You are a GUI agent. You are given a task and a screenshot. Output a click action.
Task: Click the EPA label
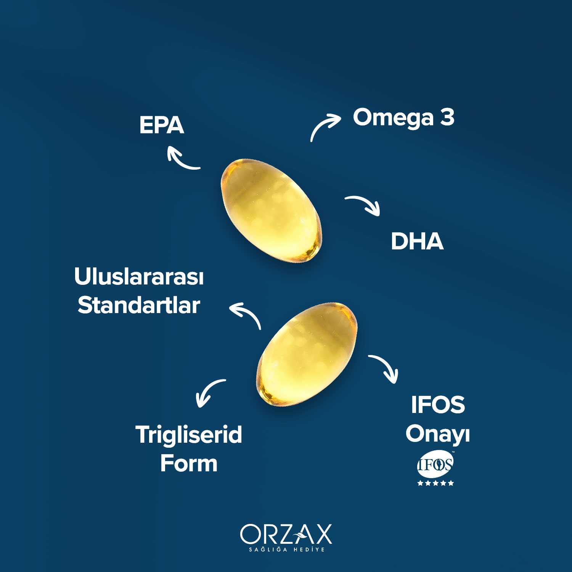coord(162,125)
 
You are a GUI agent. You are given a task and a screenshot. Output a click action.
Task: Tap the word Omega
coord(393,118)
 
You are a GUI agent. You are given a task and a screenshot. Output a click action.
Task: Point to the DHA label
coord(417,241)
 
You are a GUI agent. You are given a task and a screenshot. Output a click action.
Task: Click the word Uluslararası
coord(139,276)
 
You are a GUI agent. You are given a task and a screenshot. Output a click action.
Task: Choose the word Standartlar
coord(139,305)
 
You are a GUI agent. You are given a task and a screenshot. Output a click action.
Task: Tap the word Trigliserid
coord(189,435)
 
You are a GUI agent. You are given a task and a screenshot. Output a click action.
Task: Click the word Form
coord(189,464)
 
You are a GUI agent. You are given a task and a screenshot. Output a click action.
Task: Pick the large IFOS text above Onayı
coord(438,405)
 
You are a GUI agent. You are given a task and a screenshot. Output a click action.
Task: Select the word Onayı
coord(438,434)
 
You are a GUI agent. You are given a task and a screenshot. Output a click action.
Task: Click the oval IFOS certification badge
coord(435,464)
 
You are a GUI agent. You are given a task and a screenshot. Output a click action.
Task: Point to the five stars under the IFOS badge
coord(435,483)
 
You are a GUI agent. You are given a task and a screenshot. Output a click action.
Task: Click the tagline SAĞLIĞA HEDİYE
coord(287,550)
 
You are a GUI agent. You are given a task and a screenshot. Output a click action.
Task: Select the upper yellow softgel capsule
coord(271,210)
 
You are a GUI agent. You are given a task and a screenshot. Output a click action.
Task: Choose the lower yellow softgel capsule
coord(307,354)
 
